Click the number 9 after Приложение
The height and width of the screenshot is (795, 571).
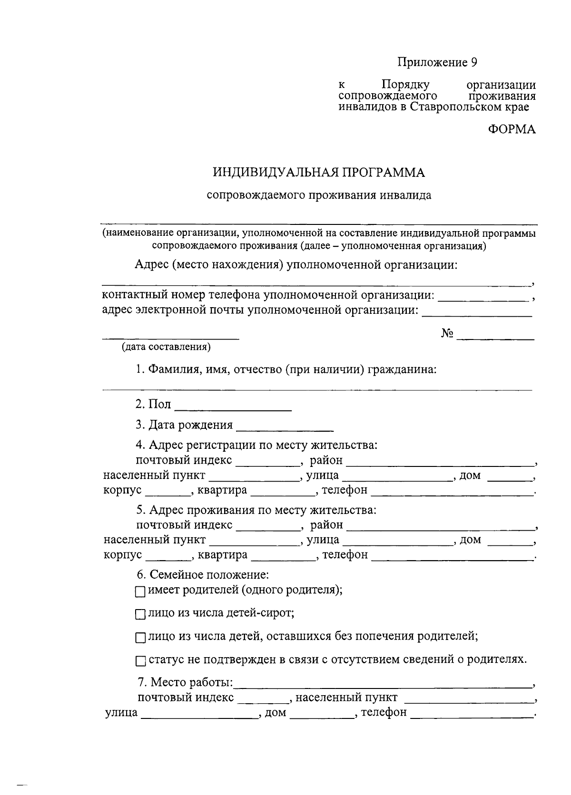coord(473,62)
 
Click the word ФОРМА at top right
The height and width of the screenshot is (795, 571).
coord(512,129)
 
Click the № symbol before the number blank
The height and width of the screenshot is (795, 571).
coord(446,334)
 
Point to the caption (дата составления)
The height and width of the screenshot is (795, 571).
coord(166,347)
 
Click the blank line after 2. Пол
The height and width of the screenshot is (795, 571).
coord(233,407)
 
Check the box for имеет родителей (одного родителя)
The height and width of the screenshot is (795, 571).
coord(140,592)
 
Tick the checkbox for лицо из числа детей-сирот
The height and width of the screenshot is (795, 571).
coord(140,615)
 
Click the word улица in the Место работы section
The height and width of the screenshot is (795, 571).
coord(121,712)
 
